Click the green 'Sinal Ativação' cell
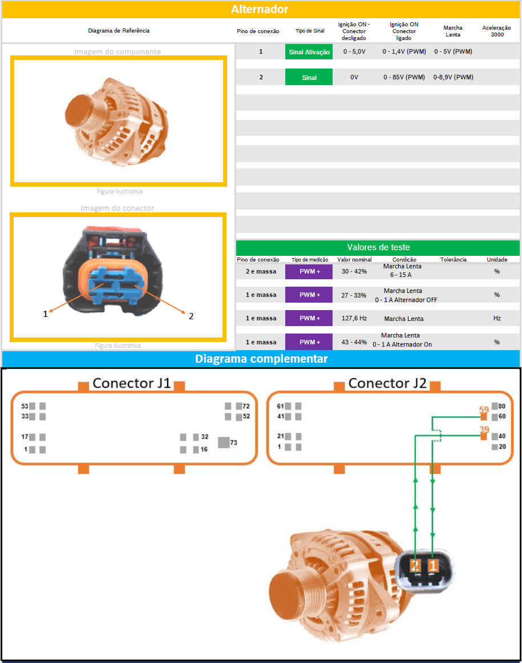click(309, 51)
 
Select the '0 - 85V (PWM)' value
click(404, 77)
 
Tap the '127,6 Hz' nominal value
click(354, 318)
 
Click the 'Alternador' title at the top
click(260, 9)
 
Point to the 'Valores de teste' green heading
click(378, 247)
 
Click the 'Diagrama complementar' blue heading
click(261, 359)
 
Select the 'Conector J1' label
click(132, 383)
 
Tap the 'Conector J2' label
click(387, 383)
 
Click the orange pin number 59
click(484, 409)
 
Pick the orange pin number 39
click(484, 429)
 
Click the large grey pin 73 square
click(224, 443)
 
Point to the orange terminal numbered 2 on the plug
click(415, 565)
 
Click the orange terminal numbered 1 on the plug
click(433, 565)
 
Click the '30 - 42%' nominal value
click(354, 271)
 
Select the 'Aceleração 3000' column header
click(497, 31)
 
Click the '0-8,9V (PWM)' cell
click(453, 77)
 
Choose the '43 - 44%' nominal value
click(354, 342)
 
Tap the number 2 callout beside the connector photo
click(191, 316)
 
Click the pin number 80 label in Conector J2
click(501, 407)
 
